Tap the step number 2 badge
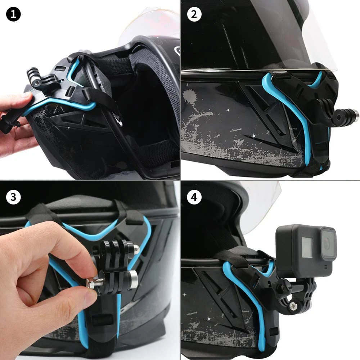[194, 14]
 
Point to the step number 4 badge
[194, 197]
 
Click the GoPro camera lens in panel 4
[328, 244]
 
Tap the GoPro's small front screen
[307, 247]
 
